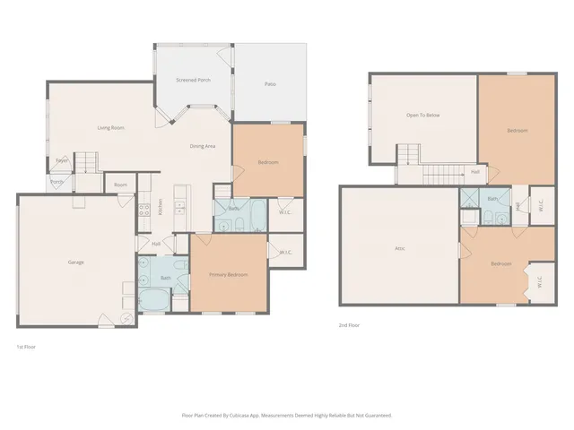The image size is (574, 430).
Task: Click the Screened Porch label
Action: tap(193, 81)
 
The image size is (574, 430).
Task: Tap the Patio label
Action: tap(269, 84)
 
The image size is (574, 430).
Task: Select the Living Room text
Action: tap(110, 128)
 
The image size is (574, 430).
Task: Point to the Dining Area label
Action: tap(202, 146)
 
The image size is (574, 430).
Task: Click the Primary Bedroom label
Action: tap(228, 274)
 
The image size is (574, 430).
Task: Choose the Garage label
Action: tap(75, 262)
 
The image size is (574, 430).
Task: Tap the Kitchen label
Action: tap(161, 206)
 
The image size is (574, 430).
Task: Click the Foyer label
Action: tap(61, 160)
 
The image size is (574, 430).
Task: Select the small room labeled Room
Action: tap(120, 185)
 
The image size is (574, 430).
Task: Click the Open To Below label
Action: tap(422, 116)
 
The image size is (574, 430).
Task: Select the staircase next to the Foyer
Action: tap(85, 162)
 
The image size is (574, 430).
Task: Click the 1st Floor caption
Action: tap(26, 347)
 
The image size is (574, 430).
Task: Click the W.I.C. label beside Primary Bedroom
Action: tap(285, 253)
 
